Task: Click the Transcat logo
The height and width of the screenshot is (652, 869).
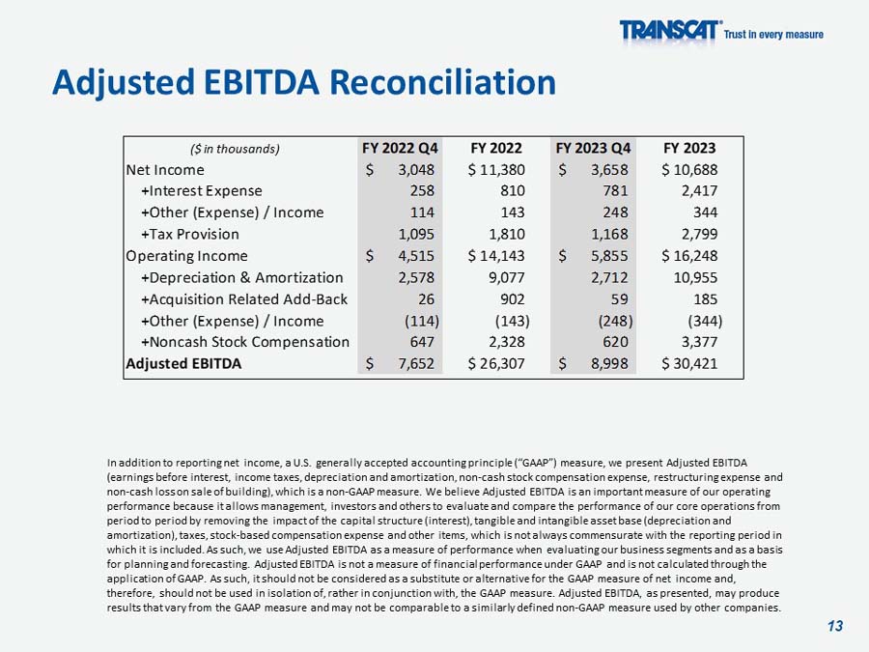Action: (x=669, y=32)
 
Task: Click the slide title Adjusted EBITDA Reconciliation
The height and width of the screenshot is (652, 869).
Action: (x=303, y=82)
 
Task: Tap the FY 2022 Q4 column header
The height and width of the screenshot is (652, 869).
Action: (x=400, y=149)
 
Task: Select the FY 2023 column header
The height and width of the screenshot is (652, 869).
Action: (x=689, y=149)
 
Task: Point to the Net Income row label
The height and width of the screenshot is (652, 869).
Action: (x=165, y=170)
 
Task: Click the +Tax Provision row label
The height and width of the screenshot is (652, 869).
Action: (x=190, y=234)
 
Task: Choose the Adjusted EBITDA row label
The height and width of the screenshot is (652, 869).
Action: (x=183, y=364)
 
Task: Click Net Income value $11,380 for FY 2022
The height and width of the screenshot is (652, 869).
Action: (x=496, y=170)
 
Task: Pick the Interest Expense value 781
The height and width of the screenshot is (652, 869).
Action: (x=614, y=191)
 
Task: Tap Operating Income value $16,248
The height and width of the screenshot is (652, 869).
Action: (x=689, y=256)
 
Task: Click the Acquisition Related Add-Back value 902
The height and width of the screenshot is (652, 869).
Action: (x=512, y=299)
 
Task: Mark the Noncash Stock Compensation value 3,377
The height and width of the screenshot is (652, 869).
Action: (x=699, y=342)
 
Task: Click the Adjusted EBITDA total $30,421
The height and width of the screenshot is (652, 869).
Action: (x=689, y=364)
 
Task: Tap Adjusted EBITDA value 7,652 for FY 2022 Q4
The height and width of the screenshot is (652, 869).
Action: (x=415, y=364)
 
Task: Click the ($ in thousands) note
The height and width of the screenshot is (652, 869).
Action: (x=235, y=149)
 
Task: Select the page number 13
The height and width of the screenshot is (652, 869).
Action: (x=835, y=626)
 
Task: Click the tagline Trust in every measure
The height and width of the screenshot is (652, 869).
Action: (x=773, y=35)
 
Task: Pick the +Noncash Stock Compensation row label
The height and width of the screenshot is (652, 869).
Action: (x=245, y=342)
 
